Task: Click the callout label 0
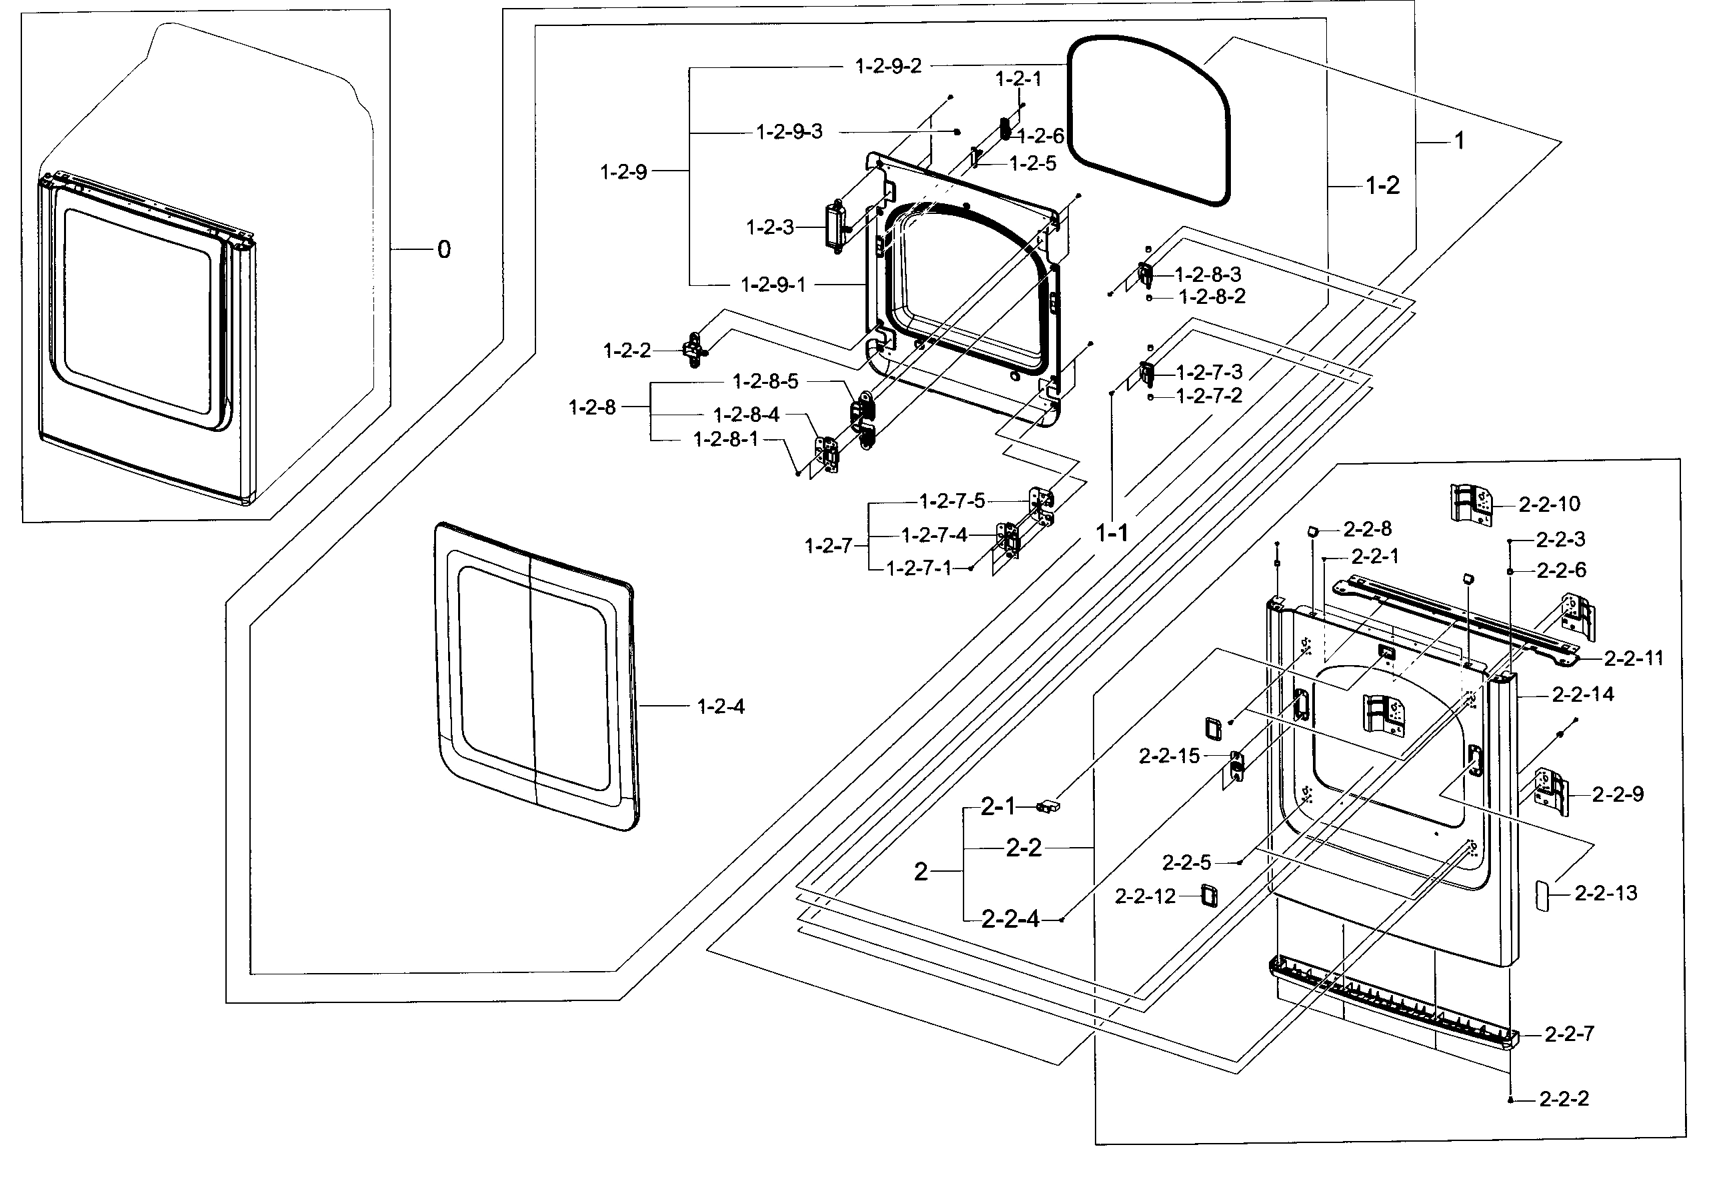(x=443, y=250)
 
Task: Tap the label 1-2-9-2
(x=888, y=67)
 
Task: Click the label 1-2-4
(x=720, y=706)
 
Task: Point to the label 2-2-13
(x=1606, y=893)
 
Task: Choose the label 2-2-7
(x=1568, y=1034)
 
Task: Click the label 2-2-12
(x=1145, y=897)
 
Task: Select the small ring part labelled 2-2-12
(x=1208, y=895)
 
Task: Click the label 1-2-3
(x=769, y=227)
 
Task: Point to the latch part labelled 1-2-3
(x=835, y=227)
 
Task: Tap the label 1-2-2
(x=627, y=351)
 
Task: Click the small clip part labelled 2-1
(x=1049, y=806)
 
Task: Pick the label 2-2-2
(x=1564, y=1099)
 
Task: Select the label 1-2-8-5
(x=765, y=382)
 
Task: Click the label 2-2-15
(x=1169, y=756)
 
